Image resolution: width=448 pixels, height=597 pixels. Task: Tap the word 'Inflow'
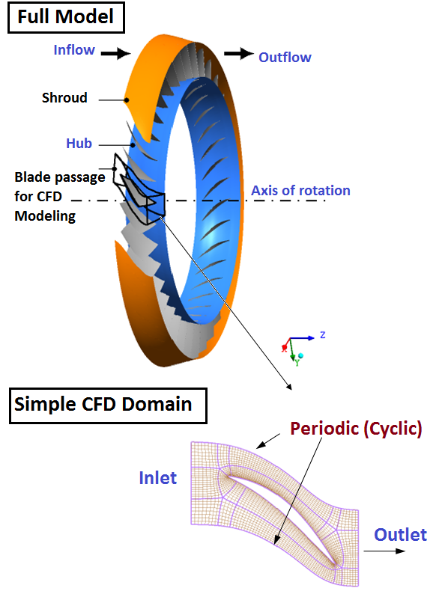pyautogui.click(x=74, y=51)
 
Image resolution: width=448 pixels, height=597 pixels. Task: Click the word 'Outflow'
pyautogui.click(x=285, y=57)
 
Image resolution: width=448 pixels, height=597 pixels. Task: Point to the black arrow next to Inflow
pyautogui.click(x=116, y=53)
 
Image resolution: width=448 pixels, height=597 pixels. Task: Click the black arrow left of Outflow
pyautogui.click(x=239, y=54)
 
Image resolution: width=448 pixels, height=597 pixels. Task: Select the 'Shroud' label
pyautogui.click(x=64, y=98)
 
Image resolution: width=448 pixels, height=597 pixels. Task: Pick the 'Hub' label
pyautogui.click(x=78, y=144)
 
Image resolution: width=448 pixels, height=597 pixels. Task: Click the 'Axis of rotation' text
pyautogui.click(x=300, y=190)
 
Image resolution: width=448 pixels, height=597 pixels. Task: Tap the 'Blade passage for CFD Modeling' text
pyautogui.click(x=57, y=197)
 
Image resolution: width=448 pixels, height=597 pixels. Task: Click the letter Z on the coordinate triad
pyautogui.click(x=322, y=335)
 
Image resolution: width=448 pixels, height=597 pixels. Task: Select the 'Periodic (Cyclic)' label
pyautogui.click(x=356, y=429)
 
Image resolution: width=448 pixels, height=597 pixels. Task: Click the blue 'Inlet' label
pyautogui.click(x=157, y=477)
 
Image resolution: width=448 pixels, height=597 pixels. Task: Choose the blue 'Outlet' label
pyautogui.click(x=400, y=534)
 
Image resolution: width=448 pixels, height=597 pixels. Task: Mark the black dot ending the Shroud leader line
pyautogui.click(x=127, y=99)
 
